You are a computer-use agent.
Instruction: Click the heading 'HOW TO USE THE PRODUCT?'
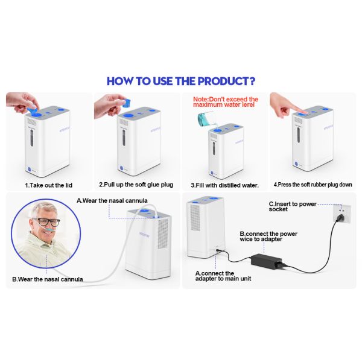pos(180,81)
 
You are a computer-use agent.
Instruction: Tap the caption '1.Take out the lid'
pos(50,185)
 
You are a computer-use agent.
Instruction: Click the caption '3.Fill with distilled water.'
pos(224,185)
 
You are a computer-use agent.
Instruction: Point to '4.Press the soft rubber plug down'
pos(313,185)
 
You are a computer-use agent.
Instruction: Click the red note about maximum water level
pos(225,103)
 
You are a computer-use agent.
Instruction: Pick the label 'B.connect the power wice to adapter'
pos(268,237)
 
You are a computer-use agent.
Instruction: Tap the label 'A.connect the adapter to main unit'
pos(223,276)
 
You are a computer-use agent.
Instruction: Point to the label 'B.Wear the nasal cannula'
pos(48,279)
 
